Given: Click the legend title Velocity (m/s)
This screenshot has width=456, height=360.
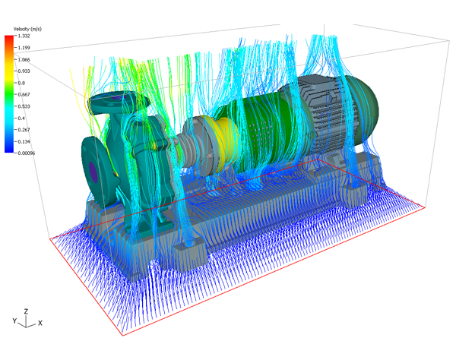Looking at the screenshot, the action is tap(27, 29).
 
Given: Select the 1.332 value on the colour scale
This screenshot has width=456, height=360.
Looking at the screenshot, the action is tap(24, 36).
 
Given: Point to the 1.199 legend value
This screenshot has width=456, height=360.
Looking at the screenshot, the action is tap(24, 48).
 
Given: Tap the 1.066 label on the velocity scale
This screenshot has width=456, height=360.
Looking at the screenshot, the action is tap(24, 59).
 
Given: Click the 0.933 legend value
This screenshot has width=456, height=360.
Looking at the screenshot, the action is tap(24, 71).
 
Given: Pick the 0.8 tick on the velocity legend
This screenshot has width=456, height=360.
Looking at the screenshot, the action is tap(21, 83).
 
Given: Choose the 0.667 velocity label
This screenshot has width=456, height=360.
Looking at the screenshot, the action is tap(24, 95).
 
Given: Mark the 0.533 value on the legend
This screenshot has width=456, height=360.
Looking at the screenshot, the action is tap(24, 106).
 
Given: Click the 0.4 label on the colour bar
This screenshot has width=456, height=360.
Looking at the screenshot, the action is tap(21, 118).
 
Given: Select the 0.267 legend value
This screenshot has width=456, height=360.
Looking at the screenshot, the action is tap(24, 130).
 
